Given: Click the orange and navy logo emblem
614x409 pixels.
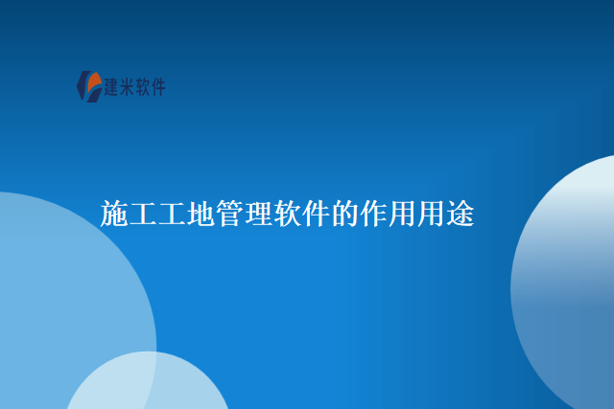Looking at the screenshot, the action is coord(89,86).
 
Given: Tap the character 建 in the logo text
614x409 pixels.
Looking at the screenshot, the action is coord(111,87).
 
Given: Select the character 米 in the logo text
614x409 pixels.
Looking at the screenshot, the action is coord(127,87).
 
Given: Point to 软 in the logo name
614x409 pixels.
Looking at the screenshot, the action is coord(142,87).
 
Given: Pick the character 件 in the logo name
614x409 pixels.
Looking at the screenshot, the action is coord(157,87).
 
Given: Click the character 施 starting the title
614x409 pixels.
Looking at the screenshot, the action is coord(114,214).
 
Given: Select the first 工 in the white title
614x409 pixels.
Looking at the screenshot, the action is coord(143,214).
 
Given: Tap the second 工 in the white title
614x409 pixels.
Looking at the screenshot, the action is coord(172,214).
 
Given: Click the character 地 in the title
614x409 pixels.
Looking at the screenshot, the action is coord(201,214).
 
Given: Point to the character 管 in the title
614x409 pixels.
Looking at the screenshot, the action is coord(230,214).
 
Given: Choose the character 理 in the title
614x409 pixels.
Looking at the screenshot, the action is coord(259,214).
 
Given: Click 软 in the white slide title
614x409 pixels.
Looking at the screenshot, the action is coord(288,214).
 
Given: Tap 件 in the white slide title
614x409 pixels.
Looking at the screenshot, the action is coord(317,214).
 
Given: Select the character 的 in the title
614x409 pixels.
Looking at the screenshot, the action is coord(345,214).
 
